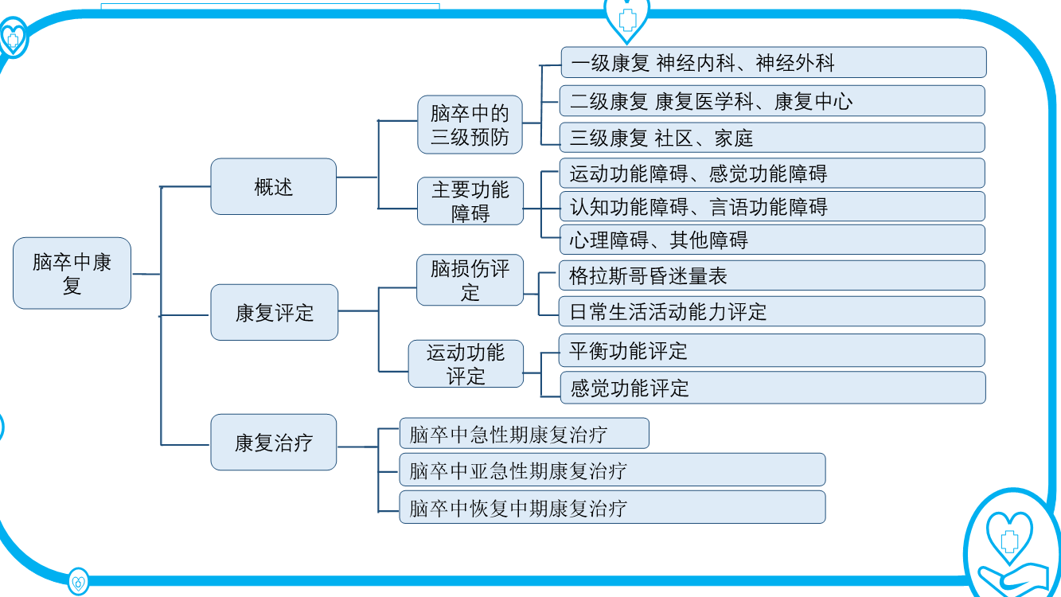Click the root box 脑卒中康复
(x=72, y=273)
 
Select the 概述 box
(x=273, y=186)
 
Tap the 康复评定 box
(x=274, y=313)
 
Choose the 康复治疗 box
(x=273, y=442)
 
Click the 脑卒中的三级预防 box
(x=470, y=124)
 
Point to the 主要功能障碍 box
(x=470, y=201)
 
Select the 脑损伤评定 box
(x=470, y=279)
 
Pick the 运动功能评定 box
(x=466, y=364)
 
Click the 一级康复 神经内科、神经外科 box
(x=773, y=62)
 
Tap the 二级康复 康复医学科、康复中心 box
(x=772, y=101)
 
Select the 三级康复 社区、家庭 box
(x=772, y=138)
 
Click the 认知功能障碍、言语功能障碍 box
(x=772, y=207)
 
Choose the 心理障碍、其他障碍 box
(x=772, y=240)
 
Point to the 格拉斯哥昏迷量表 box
(x=772, y=275)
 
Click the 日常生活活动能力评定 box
(x=772, y=311)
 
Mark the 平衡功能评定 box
(x=772, y=350)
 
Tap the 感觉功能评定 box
(x=772, y=388)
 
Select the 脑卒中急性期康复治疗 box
(x=524, y=434)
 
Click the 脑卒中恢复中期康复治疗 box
(x=611, y=507)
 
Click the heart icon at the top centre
(x=626, y=17)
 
